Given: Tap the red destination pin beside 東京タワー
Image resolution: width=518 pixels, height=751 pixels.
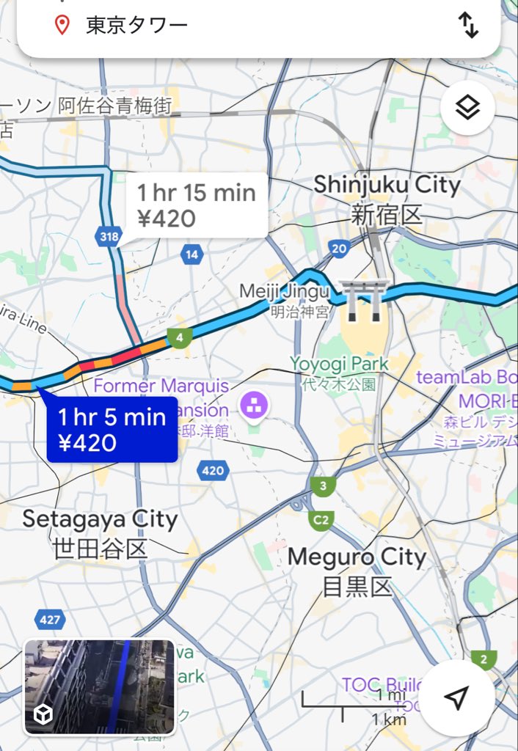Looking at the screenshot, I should click(x=63, y=26).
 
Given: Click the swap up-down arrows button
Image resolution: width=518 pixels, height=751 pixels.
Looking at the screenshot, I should click(x=468, y=26).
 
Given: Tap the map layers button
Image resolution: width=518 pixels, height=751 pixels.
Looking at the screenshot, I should click(x=467, y=108).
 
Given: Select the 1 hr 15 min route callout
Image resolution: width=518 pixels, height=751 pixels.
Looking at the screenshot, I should click(x=196, y=205).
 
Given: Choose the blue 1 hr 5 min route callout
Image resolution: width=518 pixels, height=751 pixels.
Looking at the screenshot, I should click(x=112, y=430).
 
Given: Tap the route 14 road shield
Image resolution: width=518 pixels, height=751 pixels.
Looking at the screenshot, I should click(x=191, y=254).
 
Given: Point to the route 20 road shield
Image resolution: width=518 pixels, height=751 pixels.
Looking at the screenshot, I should click(x=338, y=248).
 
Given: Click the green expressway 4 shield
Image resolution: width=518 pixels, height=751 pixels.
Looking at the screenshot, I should click(x=178, y=338).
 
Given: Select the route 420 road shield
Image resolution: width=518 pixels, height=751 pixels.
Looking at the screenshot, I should click(x=212, y=470).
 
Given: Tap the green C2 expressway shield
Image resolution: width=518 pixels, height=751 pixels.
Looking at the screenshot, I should click(x=320, y=519).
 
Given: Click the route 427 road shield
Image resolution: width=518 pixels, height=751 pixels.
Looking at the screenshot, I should click(x=49, y=620).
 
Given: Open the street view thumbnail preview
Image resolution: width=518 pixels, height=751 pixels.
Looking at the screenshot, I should click(x=99, y=686).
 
